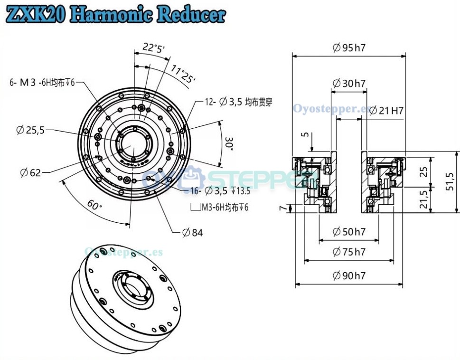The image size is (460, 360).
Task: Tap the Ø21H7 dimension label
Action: [386, 111]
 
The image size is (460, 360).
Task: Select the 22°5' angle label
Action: [153, 47]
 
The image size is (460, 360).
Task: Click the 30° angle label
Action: [229, 144]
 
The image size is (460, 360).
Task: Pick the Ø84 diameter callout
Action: [192, 232]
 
